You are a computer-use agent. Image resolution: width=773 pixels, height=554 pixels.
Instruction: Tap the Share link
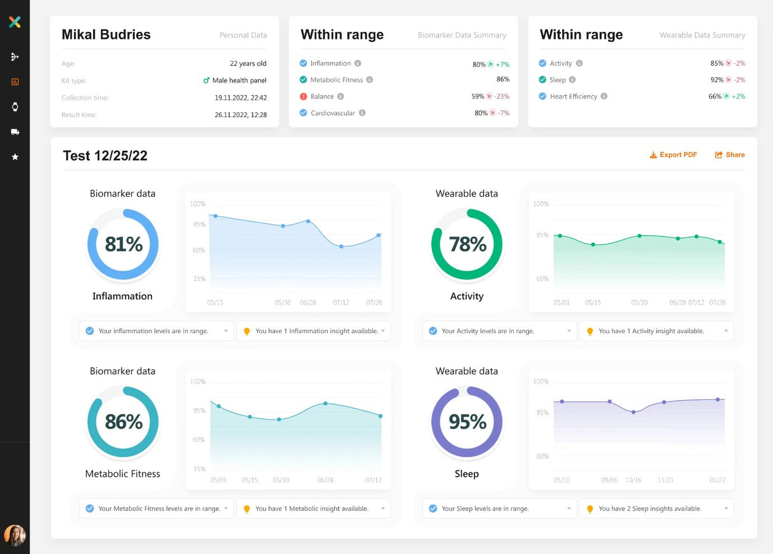pos(730,155)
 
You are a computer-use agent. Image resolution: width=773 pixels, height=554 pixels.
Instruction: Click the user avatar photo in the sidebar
pos(15,535)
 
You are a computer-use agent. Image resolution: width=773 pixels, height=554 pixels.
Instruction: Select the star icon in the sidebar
pos(15,157)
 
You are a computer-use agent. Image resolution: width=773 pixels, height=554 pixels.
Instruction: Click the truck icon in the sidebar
pos(15,132)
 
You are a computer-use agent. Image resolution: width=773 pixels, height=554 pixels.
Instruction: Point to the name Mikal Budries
pos(106,35)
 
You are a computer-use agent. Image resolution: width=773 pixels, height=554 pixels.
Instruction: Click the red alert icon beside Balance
pos(303,97)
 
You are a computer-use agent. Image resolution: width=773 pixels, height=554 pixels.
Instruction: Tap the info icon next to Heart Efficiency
pos(604,97)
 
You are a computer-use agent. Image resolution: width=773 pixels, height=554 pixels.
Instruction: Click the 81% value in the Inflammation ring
pos(124,244)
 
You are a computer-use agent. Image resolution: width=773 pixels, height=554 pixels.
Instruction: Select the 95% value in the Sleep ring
pos(467,422)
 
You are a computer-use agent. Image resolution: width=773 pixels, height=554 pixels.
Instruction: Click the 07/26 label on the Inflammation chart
pos(374,302)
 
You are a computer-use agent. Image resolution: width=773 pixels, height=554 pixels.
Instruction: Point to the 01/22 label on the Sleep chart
pos(718,480)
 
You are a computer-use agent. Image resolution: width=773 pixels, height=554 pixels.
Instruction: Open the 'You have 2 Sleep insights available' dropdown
pos(656,509)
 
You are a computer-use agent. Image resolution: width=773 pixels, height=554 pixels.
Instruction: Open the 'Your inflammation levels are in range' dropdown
pos(156,331)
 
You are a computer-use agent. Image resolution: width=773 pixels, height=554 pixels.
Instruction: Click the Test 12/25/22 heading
pos(105,156)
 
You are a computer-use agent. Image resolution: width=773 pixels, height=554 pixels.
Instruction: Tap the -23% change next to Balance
pos(502,97)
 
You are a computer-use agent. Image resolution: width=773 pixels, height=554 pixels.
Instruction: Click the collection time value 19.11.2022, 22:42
pos(241,98)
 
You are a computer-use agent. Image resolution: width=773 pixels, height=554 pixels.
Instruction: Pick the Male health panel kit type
pos(239,81)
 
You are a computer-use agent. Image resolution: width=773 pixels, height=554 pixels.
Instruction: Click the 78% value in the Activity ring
pos(467,244)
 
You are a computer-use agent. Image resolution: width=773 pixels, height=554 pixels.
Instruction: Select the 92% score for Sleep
pos(717,80)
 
